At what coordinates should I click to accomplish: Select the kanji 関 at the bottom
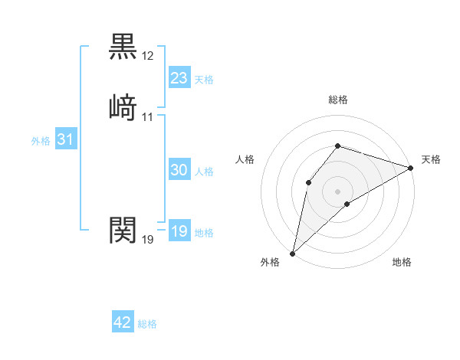[x=123, y=229]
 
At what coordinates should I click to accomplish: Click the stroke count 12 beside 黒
[x=148, y=56]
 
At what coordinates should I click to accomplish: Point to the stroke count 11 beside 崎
[x=148, y=117]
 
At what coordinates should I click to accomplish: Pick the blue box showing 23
[x=179, y=77]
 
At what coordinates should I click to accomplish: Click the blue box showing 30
[x=179, y=170]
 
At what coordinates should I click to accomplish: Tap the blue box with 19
[x=179, y=231]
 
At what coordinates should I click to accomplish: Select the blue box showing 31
[x=65, y=140]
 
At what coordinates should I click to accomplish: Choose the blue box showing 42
[x=123, y=322]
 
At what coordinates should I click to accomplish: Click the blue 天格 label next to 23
[x=204, y=80]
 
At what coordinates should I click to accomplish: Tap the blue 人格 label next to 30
[x=204, y=172]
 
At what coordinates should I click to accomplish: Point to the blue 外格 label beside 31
[x=41, y=141]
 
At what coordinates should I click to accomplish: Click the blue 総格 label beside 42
[x=147, y=324]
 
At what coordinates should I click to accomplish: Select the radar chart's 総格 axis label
[x=337, y=100]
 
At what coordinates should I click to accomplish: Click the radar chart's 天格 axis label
[x=431, y=159]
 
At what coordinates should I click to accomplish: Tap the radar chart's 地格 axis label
[x=402, y=263]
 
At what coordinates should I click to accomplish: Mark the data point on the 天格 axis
[x=411, y=168]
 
